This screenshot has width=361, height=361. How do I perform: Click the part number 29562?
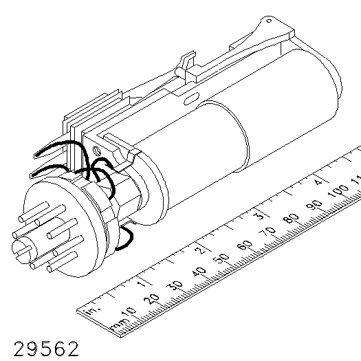click(x=46, y=349)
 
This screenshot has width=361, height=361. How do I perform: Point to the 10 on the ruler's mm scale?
click(x=128, y=312)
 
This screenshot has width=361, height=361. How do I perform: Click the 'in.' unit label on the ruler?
click(x=92, y=310)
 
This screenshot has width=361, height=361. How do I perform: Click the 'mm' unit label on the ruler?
click(x=118, y=323)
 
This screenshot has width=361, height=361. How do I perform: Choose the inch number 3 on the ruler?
click(x=259, y=216)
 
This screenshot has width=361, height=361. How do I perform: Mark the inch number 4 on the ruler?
click(x=318, y=182)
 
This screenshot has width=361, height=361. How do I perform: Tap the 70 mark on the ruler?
click(x=267, y=232)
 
